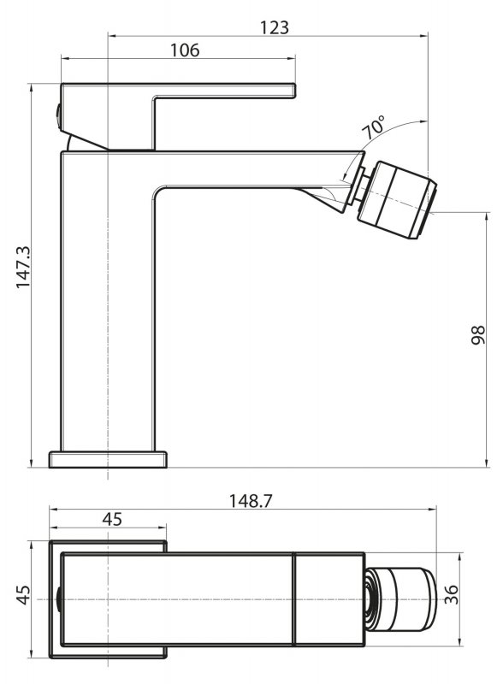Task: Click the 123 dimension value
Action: [275, 27]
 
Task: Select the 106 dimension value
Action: [184, 50]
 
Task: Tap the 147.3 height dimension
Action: [23, 267]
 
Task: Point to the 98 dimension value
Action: [478, 335]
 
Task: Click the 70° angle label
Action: [374, 127]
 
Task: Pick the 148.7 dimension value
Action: [250, 501]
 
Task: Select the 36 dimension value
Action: [452, 594]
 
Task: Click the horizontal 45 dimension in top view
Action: [112, 520]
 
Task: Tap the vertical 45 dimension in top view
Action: [23, 595]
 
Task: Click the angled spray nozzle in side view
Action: [396, 200]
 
